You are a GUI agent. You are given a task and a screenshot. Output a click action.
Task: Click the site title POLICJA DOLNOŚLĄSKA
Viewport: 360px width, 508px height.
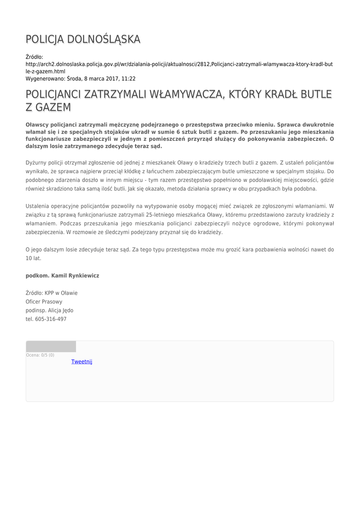click(x=83, y=39)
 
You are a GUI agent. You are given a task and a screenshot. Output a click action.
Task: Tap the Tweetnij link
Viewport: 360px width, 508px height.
click(x=82, y=362)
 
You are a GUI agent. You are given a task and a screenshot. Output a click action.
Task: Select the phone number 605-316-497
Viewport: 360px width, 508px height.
click(x=51, y=319)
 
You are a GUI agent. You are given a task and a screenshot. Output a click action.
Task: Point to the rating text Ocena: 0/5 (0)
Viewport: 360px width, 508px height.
click(x=40, y=355)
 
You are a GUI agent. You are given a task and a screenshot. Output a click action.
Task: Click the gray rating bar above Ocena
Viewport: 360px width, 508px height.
click(x=51, y=346)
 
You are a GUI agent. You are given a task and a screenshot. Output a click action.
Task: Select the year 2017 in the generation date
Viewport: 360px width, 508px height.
click(x=109, y=78)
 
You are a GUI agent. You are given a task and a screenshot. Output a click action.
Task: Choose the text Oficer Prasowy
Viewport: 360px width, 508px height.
click(x=44, y=301)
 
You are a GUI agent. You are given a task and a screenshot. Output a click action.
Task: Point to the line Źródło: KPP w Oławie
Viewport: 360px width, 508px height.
click(x=52, y=293)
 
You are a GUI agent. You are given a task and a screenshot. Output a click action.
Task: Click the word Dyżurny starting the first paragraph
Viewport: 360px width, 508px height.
click(x=37, y=162)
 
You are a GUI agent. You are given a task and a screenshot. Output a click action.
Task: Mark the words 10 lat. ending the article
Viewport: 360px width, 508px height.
click(x=33, y=258)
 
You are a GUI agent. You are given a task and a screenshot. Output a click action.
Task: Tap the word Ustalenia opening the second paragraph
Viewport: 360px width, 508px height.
click(x=39, y=205)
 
